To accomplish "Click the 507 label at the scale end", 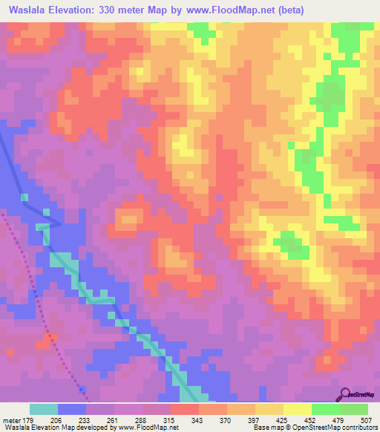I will point(367,420).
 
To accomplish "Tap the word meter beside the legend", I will point(11,420).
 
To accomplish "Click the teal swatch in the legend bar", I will point(44,409).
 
